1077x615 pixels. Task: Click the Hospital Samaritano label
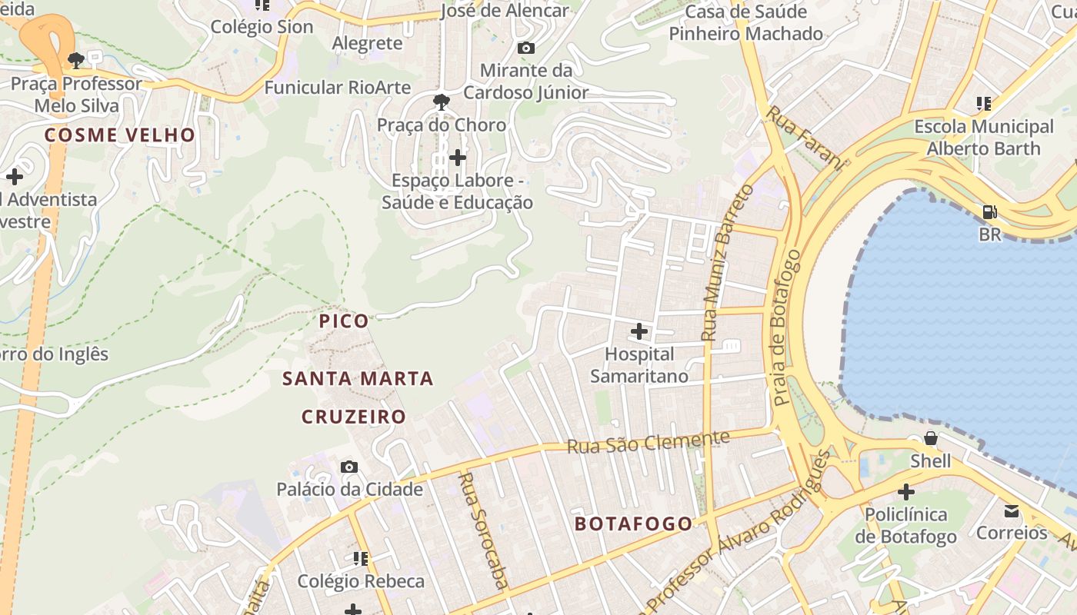pyautogui.click(x=639, y=365)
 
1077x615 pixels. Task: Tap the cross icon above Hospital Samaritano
pyautogui.click(x=639, y=331)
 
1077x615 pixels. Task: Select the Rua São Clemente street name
pyautogui.click(x=648, y=442)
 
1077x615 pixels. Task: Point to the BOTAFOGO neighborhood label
pyautogui.click(x=634, y=524)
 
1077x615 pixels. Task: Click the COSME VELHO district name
pyautogui.click(x=120, y=135)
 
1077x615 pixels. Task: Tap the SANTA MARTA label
pyautogui.click(x=358, y=379)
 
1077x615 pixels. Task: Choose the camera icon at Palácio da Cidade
pyautogui.click(x=349, y=467)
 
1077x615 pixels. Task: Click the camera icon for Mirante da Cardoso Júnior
pyautogui.click(x=526, y=48)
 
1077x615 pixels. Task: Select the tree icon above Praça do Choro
pyautogui.click(x=442, y=101)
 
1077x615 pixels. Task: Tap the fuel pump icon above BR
pyautogui.click(x=989, y=211)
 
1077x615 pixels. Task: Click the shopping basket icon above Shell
pyautogui.click(x=930, y=439)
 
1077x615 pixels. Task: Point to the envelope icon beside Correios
pyautogui.click(x=1012, y=510)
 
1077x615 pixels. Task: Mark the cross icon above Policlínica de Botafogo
pyautogui.click(x=906, y=491)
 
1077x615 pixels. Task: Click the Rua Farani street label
pyautogui.click(x=805, y=136)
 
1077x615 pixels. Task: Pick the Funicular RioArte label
pyautogui.click(x=338, y=88)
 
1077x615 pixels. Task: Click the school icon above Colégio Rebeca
pyautogui.click(x=360, y=558)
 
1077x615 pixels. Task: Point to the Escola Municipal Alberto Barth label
pyautogui.click(x=983, y=138)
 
